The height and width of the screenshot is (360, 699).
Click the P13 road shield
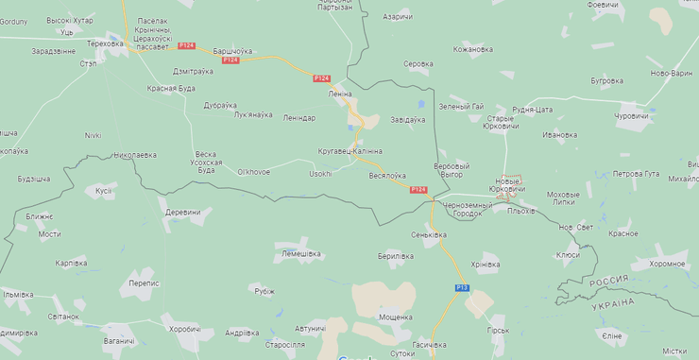pos(462,287)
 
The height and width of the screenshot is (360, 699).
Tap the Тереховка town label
pos(105,43)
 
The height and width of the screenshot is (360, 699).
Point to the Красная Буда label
pos(171,88)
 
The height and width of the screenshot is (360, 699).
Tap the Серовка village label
pos(418,64)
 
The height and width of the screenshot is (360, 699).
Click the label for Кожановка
pos(473,49)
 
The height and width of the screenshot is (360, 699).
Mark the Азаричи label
pos(398,17)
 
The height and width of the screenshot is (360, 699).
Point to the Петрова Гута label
pos(636,174)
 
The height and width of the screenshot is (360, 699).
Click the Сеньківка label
pos(429,234)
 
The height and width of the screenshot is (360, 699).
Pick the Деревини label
pos(183,213)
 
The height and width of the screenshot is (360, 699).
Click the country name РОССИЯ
pos(609,282)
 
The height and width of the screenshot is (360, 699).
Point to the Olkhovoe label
pos(254,172)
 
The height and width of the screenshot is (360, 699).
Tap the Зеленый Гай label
pos(462,106)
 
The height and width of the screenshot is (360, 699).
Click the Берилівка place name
pos(396,256)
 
